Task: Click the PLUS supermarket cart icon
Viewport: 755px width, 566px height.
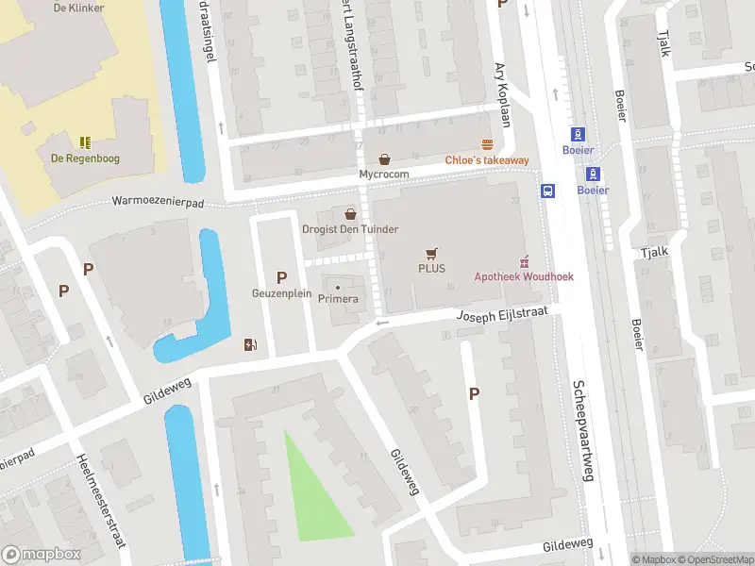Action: point(431,253)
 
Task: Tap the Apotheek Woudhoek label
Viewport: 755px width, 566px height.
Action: point(524,276)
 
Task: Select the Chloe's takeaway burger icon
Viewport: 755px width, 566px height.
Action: point(487,145)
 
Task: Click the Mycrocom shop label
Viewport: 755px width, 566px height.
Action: point(384,175)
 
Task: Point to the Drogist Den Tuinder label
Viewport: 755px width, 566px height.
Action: point(349,229)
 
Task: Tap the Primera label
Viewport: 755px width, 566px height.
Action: point(338,299)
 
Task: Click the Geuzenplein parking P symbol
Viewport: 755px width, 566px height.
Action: point(280,276)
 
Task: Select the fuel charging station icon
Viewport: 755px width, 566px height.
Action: point(250,344)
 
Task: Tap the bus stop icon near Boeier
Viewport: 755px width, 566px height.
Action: point(546,191)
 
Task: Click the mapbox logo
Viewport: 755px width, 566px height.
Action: point(41,555)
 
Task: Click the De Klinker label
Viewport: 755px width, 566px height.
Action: point(79,8)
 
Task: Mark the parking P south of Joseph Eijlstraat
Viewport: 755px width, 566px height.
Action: point(474,394)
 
